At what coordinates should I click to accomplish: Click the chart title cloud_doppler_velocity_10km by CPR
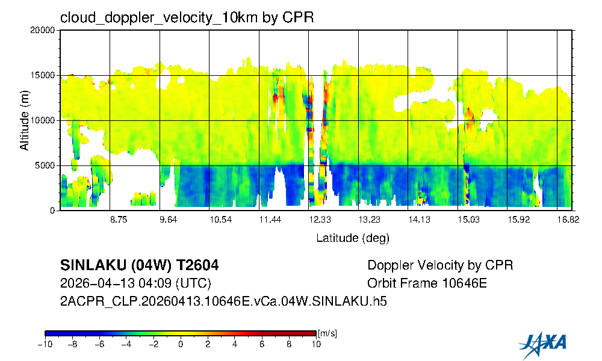coord(187,17)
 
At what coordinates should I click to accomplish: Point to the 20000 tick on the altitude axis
coord(43,31)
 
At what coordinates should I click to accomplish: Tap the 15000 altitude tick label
coord(43,76)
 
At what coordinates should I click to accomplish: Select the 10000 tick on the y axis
coord(43,121)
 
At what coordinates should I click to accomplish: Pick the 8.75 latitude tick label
coord(119,220)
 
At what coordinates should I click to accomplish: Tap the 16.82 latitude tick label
coord(568,220)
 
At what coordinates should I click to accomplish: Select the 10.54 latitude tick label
coord(220,220)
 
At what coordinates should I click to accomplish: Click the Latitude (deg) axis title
coord(353,238)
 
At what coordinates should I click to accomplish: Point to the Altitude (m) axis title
coord(24,121)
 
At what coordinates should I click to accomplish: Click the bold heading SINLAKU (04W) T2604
coord(140,265)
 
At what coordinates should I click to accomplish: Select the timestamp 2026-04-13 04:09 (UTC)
coord(135,283)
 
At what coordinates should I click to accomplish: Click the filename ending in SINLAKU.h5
coord(223,301)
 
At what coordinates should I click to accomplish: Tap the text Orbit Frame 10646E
coord(427,283)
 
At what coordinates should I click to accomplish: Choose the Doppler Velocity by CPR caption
coord(440,265)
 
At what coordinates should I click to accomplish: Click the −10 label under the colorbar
coord(44,344)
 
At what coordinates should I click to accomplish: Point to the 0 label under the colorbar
coord(181,344)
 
